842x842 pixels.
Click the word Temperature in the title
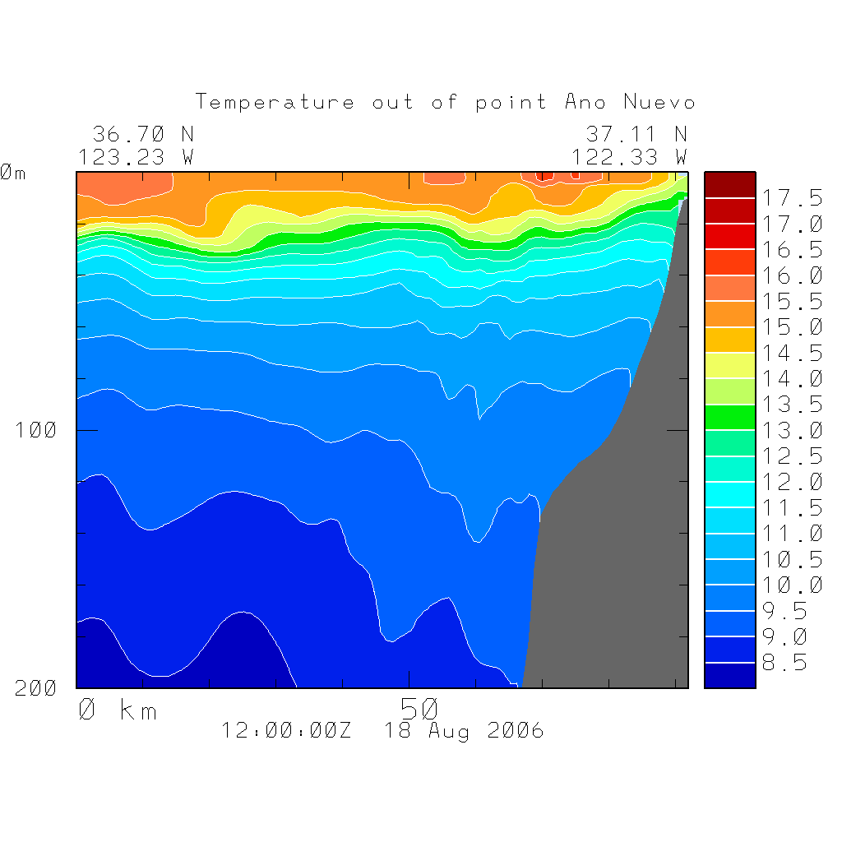click(x=275, y=103)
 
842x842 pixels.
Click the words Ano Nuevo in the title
click(x=630, y=103)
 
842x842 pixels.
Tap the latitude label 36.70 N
click(x=143, y=134)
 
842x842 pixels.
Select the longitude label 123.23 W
click(x=136, y=157)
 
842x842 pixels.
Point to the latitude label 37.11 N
click(x=636, y=134)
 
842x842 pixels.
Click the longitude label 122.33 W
click(x=629, y=157)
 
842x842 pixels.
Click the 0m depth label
click(x=13, y=173)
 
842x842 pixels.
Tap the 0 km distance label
click(x=118, y=710)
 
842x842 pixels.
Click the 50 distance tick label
click(x=419, y=708)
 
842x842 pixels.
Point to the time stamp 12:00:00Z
click(x=286, y=730)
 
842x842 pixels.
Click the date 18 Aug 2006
click(x=465, y=730)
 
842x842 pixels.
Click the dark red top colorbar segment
click(x=729, y=185)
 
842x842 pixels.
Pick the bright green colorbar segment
click(x=729, y=417)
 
